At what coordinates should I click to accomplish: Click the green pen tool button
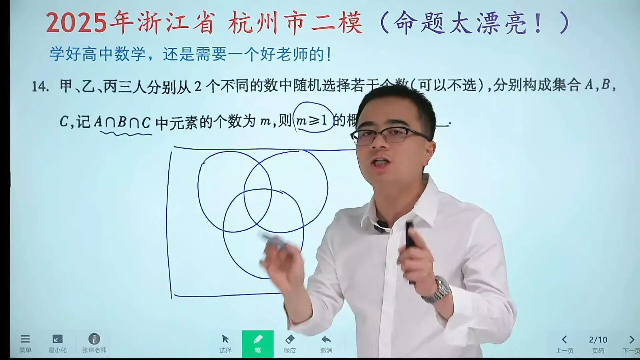pos(258,343)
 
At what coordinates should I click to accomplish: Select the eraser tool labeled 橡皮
pos(290,343)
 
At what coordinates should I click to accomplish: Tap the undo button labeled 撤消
pos(326,343)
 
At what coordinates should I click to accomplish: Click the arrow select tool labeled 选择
pos(225,343)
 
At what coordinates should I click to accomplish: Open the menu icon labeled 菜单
pos(25,343)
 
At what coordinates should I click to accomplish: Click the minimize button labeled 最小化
pos(57,343)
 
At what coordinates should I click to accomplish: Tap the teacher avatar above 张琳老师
pos(94,339)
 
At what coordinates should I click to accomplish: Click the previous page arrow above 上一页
pos(564,340)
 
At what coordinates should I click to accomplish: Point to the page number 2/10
pos(598,340)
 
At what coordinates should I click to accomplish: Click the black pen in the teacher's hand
pos(409,237)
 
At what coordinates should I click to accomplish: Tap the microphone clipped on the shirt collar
pos(380,227)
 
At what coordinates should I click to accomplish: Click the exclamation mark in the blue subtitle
pos(329,54)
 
